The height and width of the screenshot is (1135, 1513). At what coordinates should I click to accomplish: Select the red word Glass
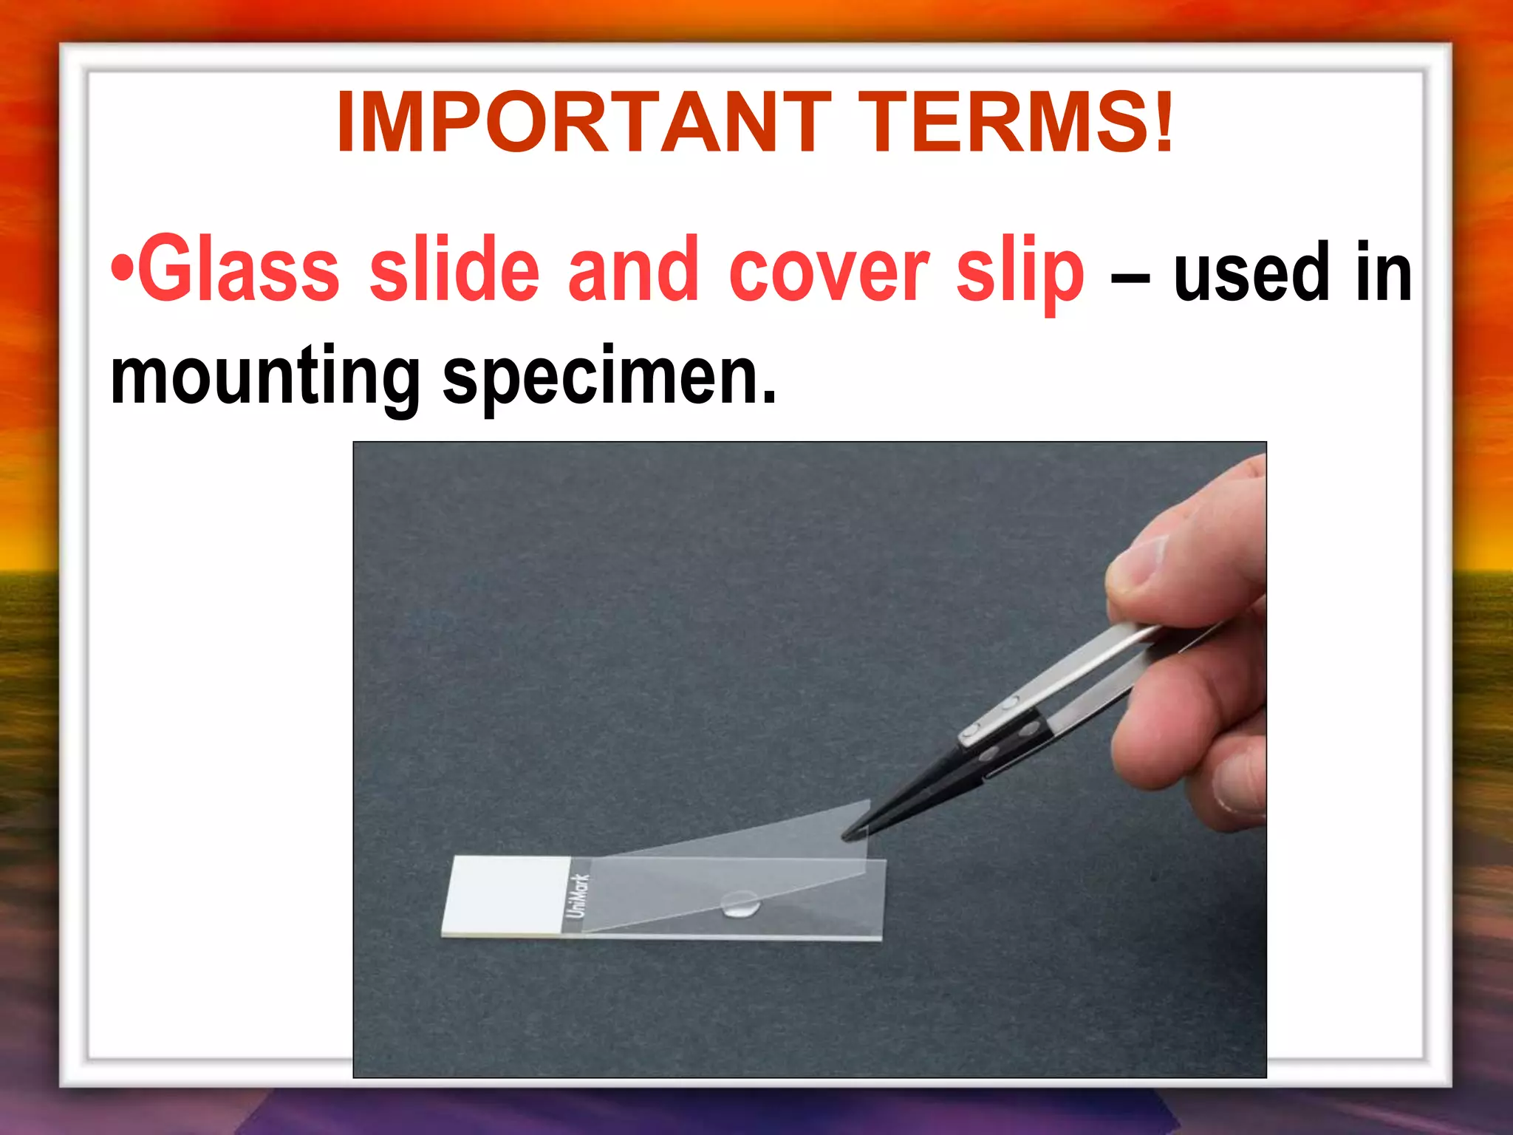point(239,270)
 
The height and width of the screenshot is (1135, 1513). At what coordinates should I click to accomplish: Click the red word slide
point(454,270)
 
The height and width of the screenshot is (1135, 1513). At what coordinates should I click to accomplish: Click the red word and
point(633,270)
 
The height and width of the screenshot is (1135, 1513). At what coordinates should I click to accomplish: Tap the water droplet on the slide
point(740,903)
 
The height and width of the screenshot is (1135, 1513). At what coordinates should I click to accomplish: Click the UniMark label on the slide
point(577,896)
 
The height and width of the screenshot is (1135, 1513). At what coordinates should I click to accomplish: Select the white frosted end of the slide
point(507,895)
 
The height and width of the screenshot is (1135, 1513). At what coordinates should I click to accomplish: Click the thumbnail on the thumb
point(1138,562)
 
